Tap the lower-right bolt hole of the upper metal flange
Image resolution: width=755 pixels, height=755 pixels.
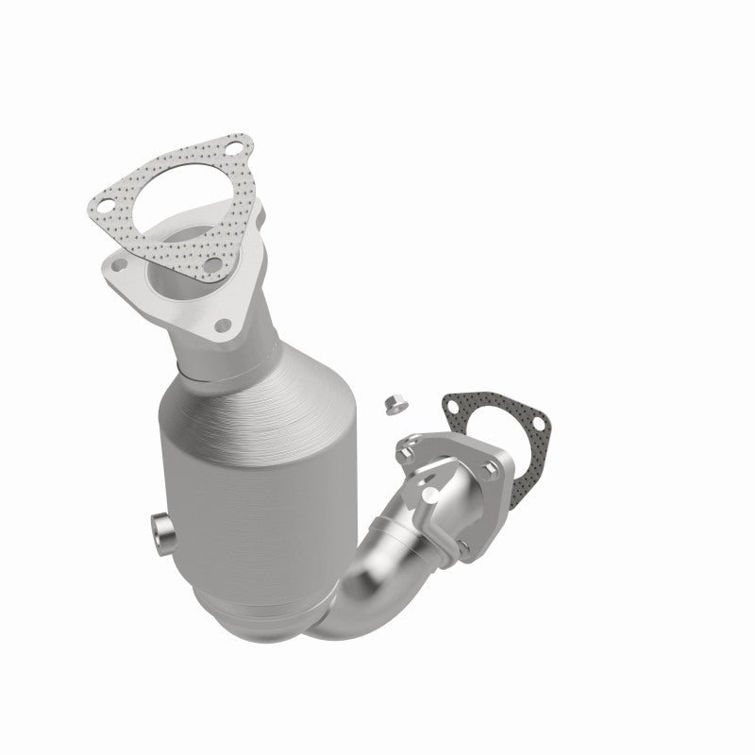(224, 327)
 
